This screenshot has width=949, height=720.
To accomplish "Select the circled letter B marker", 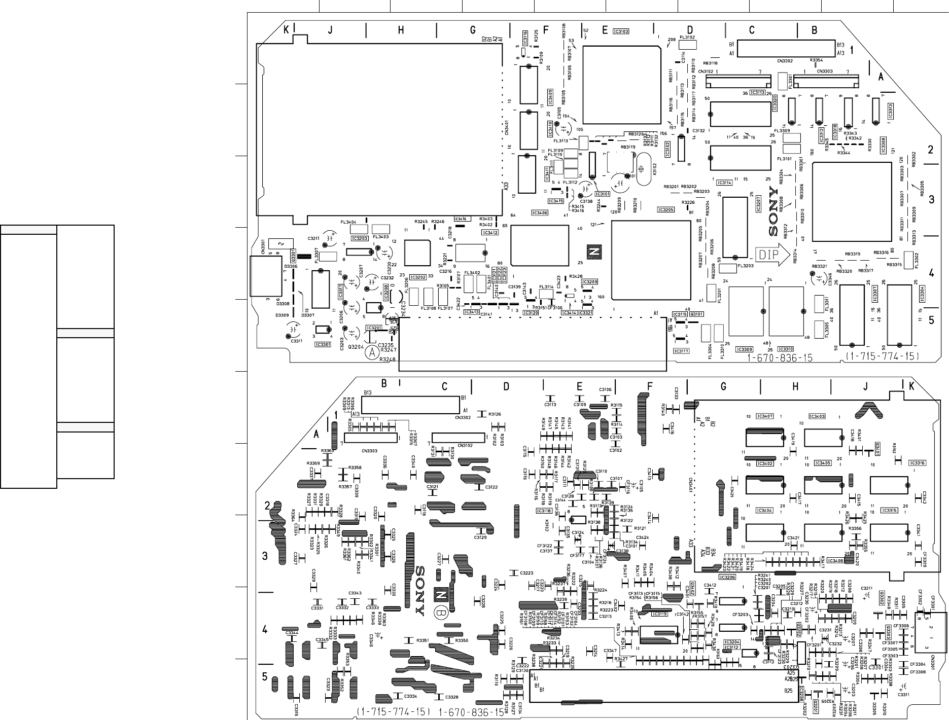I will click(440, 613).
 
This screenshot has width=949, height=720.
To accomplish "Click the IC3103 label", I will click(621, 31).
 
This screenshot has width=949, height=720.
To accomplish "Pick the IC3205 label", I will click(665, 209).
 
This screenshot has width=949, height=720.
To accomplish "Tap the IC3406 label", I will click(540, 212).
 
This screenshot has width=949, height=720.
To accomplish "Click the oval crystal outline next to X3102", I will click(641, 167).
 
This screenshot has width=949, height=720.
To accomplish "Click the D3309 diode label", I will click(283, 315).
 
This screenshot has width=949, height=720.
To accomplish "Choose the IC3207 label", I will click(759, 202).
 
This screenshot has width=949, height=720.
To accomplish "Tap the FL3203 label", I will click(746, 265).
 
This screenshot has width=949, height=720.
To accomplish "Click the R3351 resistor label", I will click(423, 640).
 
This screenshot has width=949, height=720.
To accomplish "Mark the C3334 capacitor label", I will click(411, 696).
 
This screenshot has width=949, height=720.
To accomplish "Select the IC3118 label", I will click(544, 511).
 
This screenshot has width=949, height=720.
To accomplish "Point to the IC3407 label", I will click(764, 416).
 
